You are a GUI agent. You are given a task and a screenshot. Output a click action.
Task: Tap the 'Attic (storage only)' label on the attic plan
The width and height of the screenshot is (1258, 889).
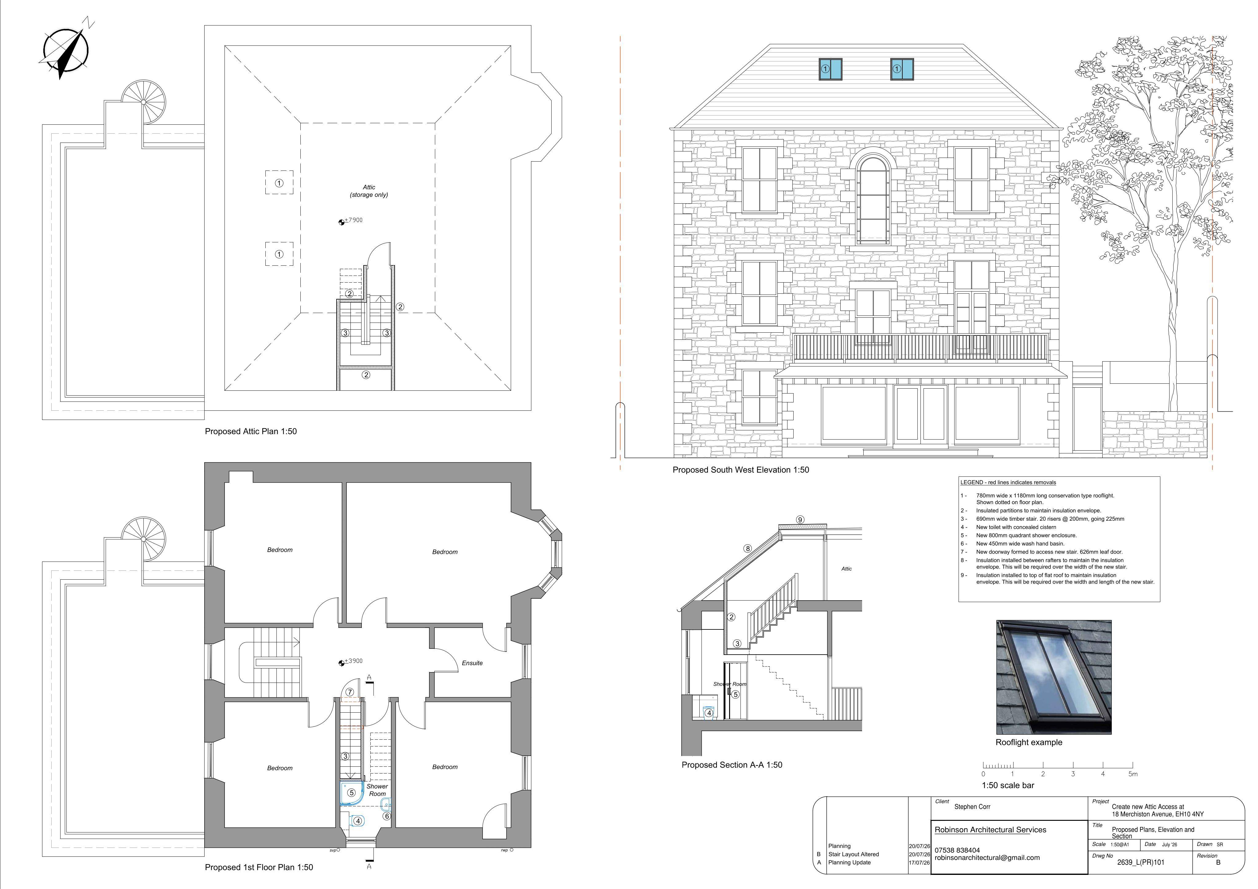(369, 191)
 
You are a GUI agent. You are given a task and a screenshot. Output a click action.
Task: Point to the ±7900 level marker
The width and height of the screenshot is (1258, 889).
(351, 221)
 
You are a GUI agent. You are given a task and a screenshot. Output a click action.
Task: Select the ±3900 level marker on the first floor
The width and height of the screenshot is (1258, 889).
(351, 662)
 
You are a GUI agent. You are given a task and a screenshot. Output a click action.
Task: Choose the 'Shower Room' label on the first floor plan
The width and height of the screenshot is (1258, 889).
(377, 790)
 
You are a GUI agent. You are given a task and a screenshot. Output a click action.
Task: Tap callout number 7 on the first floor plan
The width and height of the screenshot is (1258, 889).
(350, 692)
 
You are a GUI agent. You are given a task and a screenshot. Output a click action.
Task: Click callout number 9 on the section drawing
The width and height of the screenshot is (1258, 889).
(800, 519)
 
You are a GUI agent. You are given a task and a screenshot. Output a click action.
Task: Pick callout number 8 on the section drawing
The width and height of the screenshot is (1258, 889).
(748, 548)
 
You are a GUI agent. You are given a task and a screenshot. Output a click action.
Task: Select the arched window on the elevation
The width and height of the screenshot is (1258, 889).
(873, 199)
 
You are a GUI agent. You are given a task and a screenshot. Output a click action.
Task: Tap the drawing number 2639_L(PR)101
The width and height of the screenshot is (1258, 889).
(1141, 862)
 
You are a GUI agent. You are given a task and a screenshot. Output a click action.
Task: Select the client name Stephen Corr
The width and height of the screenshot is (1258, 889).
(972, 807)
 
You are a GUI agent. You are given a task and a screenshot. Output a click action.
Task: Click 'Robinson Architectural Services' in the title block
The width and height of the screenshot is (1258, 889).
(990, 830)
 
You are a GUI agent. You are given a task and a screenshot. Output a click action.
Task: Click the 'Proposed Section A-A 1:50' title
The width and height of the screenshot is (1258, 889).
(732, 765)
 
